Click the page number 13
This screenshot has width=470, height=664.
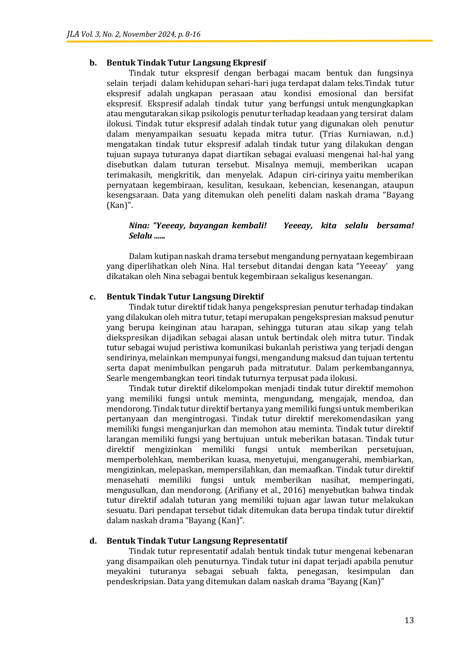click(409, 620)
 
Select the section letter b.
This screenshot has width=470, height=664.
click(92, 63)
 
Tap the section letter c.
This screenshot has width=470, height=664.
click(92, 297)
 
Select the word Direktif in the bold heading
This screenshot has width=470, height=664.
click(248, 297)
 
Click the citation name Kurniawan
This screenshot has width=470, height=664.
click(368, 134)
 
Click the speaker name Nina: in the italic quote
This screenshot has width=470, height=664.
click(139, 226)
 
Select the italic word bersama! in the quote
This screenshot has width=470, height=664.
click(395, 226)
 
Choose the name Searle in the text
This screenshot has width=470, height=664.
click(118, 378)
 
